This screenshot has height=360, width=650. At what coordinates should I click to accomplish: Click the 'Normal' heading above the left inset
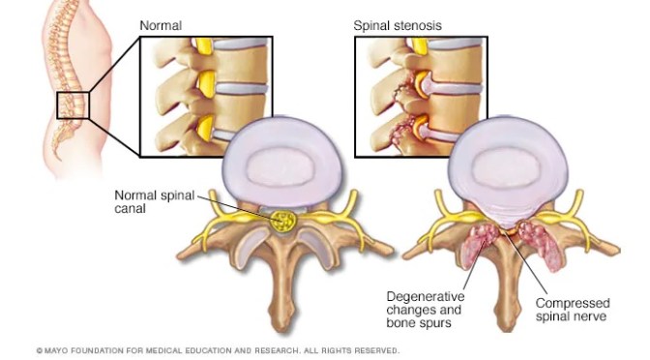coord(162,24)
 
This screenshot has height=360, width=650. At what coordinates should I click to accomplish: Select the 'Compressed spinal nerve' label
coord(573,310)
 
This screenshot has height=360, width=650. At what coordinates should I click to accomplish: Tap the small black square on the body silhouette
coord(73,105)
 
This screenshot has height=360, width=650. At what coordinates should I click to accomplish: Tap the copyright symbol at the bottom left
coord(39,350)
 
